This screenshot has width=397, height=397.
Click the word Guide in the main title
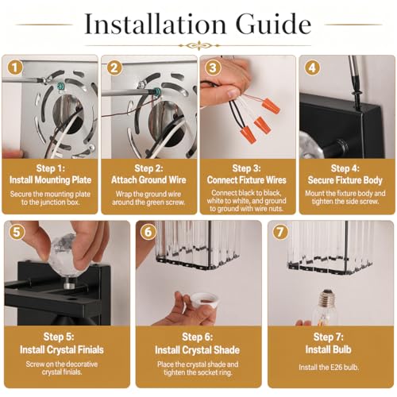tap(273, 24)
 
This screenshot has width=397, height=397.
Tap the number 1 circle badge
tap(15, 67)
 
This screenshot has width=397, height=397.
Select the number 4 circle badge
tap(312, 67)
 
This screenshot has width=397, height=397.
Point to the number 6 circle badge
tap(148, 232)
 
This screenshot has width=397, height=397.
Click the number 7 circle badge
tap(280, 232)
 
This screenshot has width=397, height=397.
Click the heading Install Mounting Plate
tap(50, 180)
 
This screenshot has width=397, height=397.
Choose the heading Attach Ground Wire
tap(148, 180)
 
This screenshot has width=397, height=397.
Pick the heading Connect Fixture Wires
tap(247, 180)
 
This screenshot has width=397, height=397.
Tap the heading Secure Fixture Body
tap(345, 180)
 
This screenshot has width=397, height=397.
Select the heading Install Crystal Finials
tap(62, 349)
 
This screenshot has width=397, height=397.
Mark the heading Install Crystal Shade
tap(198, 350)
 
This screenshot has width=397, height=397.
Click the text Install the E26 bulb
tap(329, 368)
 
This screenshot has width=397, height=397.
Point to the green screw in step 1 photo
tap(60, 86)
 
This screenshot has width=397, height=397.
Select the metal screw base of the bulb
tap(329, 299)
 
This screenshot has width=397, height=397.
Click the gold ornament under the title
tap(199, 45)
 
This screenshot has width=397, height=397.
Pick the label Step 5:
tap(59, 337)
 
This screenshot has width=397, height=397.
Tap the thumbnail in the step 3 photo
tap(233, 93)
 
